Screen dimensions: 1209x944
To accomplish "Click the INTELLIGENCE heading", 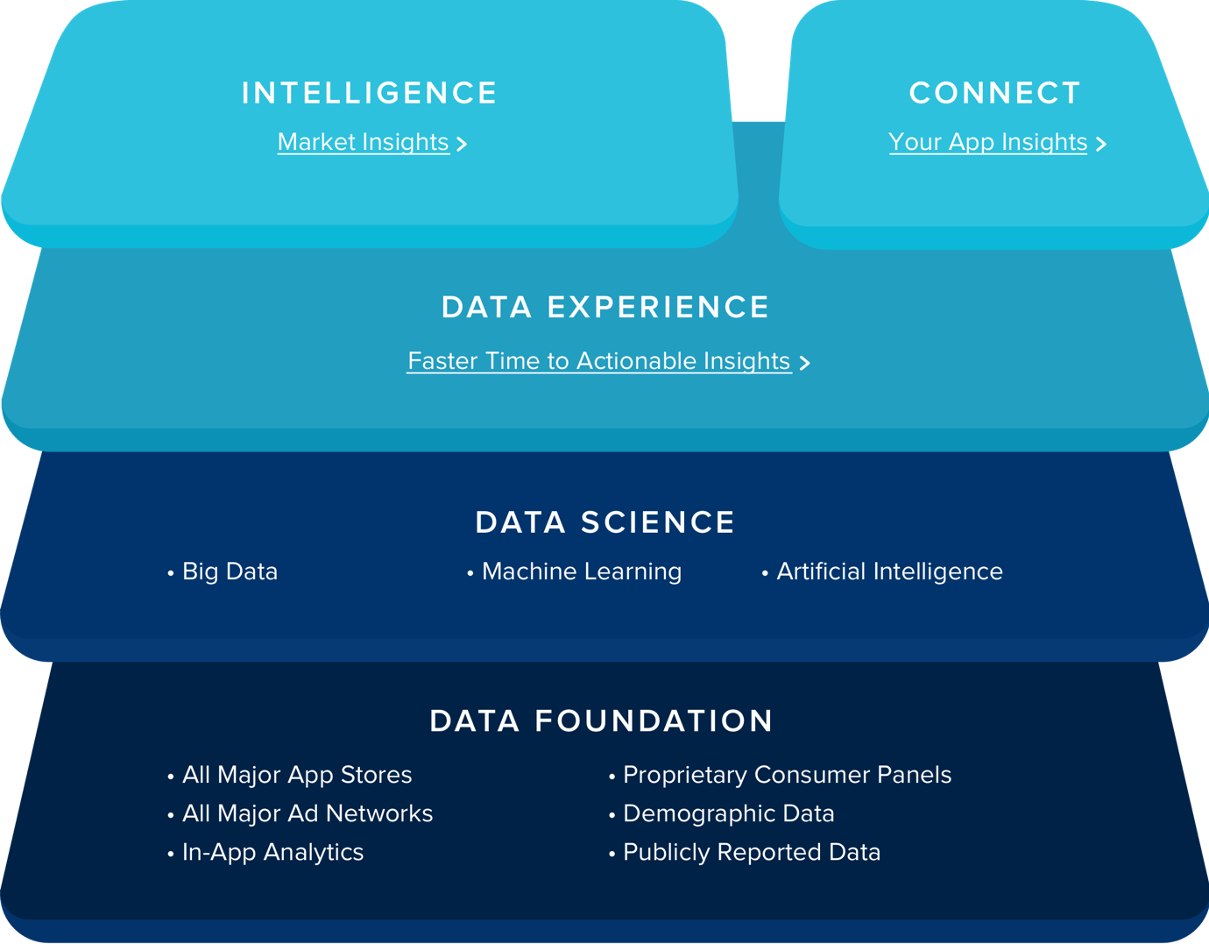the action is (370, 93).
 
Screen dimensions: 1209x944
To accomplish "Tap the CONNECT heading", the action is (995, 93).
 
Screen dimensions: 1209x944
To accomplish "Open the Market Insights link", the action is (364, 143).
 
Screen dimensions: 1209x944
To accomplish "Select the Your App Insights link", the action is (988, 143).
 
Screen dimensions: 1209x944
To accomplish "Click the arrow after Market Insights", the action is (462, 144).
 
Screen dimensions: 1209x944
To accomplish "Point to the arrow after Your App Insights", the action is (1101, 144).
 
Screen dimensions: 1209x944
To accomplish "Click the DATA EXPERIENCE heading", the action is (604, 308).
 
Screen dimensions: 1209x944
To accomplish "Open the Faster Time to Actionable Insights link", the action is (599, 361).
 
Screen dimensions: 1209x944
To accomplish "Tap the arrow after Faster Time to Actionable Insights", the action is (804, 363).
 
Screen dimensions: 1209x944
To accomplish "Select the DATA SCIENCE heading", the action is (604, 522).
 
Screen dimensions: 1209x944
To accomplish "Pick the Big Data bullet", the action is (223, 572).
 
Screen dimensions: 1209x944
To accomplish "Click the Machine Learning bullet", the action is (574, 572).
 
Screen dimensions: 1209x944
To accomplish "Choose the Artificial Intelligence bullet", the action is (882, 571).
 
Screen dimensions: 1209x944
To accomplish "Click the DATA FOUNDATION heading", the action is (602, 721).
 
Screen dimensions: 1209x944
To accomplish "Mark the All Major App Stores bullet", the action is (290, 776).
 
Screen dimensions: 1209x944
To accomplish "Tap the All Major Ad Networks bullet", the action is (300, 813).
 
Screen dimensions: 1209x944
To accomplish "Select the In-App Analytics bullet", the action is (265, 853).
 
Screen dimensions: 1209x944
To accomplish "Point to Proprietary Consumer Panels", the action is (780, 776).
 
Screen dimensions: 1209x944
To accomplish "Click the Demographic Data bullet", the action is (722, 813).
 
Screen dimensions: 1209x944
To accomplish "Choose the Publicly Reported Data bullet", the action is (745, 853).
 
